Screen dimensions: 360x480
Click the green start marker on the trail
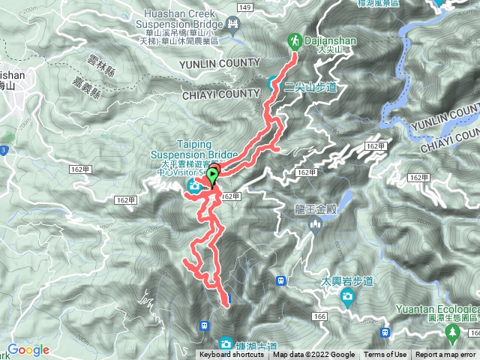pos(212,177)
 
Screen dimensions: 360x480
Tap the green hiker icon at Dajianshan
pos(295,41)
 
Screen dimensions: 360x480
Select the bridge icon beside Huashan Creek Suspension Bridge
pos(233,25)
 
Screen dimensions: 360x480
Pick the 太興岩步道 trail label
pos(347,281)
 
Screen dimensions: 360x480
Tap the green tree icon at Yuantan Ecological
pos(452,331)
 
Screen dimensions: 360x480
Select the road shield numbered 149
pos(243,7)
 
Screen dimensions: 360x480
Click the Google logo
pos(28,350)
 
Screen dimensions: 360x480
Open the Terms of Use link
pos(385,355)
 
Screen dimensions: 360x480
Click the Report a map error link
pos(446,355)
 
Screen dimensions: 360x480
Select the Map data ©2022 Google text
pos(313,355)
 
